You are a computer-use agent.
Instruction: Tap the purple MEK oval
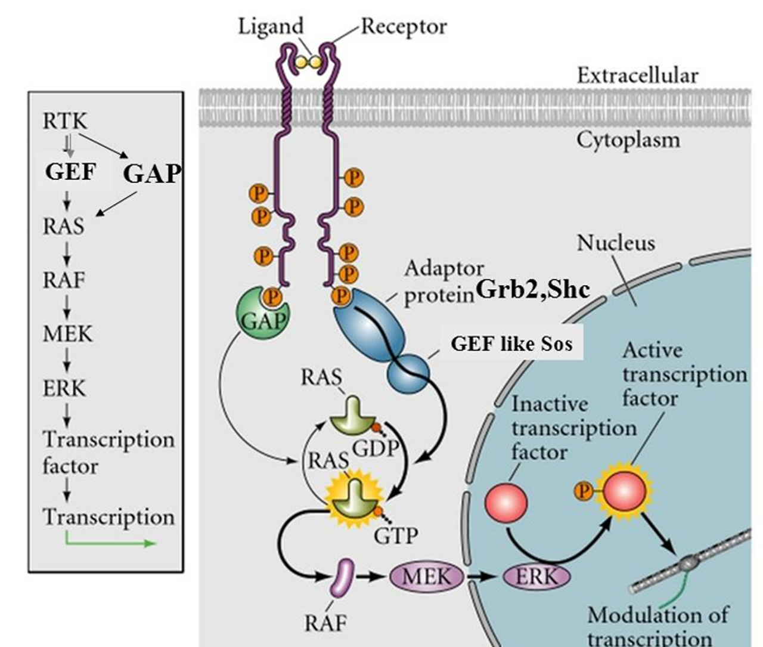427,577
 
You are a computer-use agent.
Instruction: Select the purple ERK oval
536,577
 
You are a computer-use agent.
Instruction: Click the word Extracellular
637,76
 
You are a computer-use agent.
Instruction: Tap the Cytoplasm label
628,140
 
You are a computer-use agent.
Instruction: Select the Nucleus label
616,243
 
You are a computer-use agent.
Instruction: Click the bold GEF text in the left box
70,172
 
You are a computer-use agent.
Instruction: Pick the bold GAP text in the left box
151,174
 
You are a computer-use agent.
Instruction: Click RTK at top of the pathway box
64,121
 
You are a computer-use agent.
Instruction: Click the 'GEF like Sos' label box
511,343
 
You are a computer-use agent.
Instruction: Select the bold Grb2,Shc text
532,289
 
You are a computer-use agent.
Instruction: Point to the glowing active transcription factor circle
625,491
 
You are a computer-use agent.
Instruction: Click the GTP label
395,536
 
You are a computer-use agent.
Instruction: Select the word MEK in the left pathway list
67,333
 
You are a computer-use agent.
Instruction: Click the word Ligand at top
271,26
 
